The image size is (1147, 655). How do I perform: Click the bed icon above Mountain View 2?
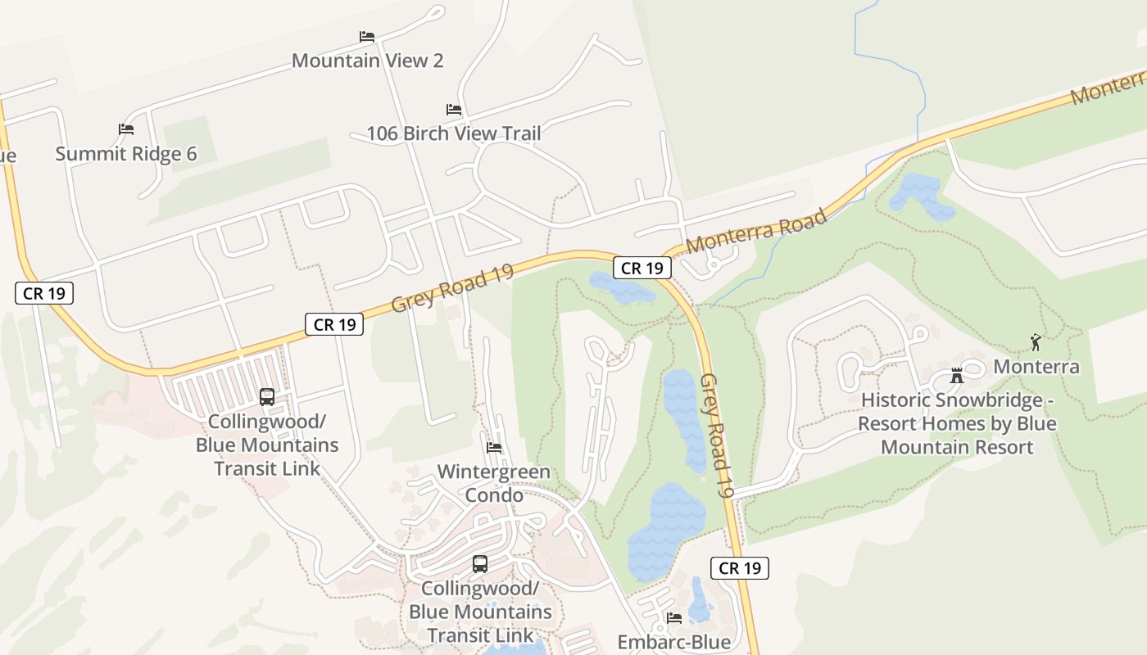coord(367,37)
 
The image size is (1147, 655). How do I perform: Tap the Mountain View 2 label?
coord(367,61)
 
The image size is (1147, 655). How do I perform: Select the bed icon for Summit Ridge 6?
coord(126,129)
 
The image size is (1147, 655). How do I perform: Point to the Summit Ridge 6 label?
coord(126,154)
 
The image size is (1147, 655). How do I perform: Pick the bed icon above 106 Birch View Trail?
coord(454,110)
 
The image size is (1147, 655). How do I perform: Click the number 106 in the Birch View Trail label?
coord(382,133)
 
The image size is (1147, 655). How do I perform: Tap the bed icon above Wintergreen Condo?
coord(494,448)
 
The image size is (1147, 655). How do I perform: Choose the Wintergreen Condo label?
coord(494,484)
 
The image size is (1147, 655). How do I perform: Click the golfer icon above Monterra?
coord(1036,342)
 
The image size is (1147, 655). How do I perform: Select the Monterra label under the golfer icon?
coord(1036,367)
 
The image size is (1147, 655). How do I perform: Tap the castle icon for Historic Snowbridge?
coord(956,377)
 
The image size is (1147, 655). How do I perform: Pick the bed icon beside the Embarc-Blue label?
coord(673,617)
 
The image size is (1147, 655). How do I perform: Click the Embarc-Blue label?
coord(673,642)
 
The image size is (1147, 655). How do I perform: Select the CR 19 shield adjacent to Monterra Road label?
coord(642,268)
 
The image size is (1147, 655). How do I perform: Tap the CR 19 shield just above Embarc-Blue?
coord(741,568)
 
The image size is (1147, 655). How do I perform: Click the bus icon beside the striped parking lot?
coord(267,397)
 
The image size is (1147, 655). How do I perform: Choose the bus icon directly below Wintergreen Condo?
coord(480,564)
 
